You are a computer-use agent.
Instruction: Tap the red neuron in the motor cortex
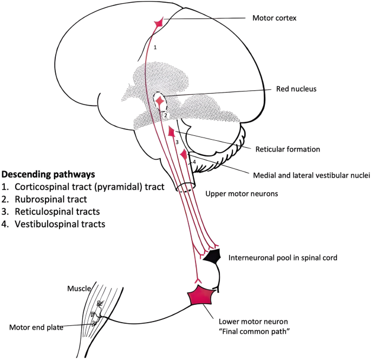pyautogui.click(x=159, y=23)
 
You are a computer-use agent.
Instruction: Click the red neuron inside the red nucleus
pyautogui.click(x=160, y=101)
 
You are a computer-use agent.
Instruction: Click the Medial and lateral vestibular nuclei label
pyautogui.click(x=311, y=175)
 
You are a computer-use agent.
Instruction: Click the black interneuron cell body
pyautogui.click(x=213, y=257)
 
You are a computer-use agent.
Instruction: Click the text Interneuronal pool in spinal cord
pyautogui.click(x=284, y=258)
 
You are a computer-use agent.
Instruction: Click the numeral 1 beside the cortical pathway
pyautogui.click(x=155, y=48)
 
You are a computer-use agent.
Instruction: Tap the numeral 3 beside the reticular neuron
pyautogui.click(x=176, y=142)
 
